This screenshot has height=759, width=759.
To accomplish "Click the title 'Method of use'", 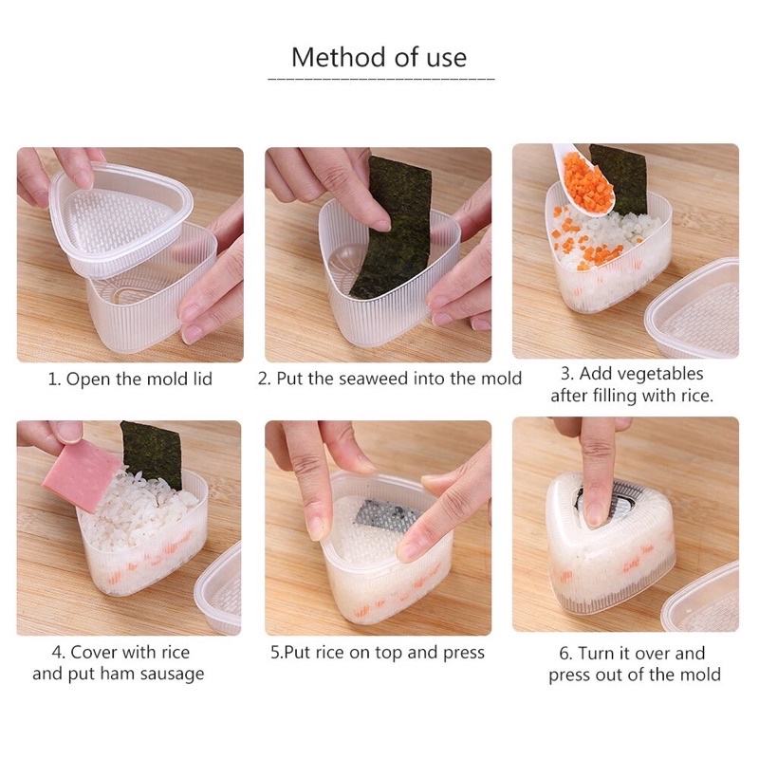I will (x=379, y=57).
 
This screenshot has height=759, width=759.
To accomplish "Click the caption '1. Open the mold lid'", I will (x=130, y=379).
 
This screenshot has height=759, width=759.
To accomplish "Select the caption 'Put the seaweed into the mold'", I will (x=398, y=379).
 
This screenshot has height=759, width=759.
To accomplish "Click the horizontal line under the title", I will (x=379, y=78).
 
